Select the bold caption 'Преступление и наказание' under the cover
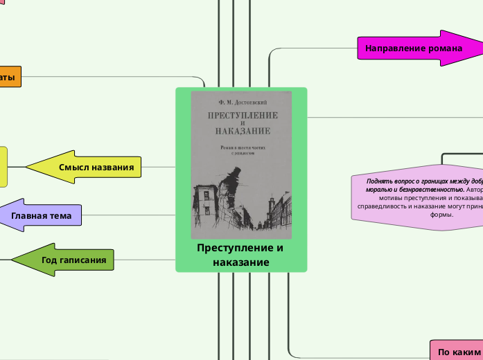[x=240, y=255]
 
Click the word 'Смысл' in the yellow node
[x=73, y=167]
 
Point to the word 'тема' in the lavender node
[x=59, y=215]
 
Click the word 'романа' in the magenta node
[x=446, y=48]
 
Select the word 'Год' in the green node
[x=50, y=260]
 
